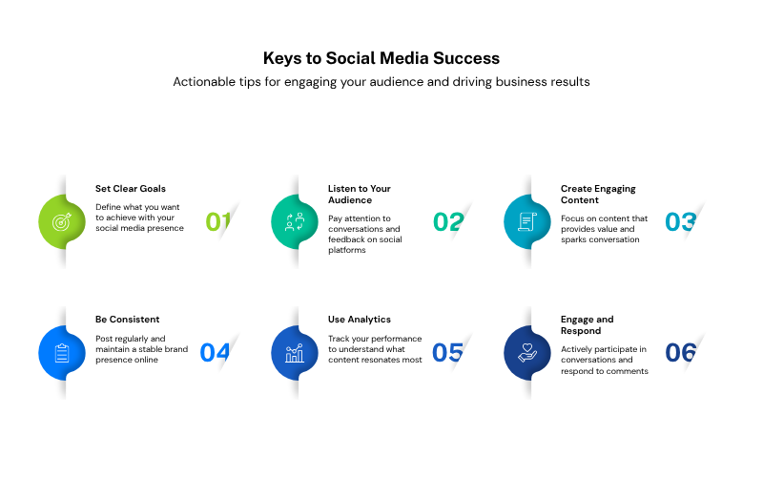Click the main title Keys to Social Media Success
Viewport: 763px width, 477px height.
point(381,58)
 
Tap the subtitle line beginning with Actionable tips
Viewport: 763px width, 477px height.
point(381,82)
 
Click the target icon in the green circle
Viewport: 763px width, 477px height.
point(62,222)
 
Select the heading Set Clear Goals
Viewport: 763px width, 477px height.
point(131,189)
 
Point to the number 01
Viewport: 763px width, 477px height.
point(218,222)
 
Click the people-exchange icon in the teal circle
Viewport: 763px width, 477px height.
point(295,222)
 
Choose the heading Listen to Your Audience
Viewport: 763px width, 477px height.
point(360,195)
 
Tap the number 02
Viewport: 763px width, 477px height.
point(448,222)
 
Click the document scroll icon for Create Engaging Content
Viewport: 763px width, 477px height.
point(527,222)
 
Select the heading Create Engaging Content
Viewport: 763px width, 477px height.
point(598,195)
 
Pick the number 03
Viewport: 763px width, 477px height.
point(681,222)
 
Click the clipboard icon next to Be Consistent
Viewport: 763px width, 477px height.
point(62,353)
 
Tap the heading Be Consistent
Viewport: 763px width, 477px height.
point(128,320)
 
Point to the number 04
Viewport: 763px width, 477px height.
point(215,353)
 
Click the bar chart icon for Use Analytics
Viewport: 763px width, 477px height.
point(295,353)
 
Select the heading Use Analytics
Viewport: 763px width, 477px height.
point(360,320)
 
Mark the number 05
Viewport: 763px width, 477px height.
point(447,353)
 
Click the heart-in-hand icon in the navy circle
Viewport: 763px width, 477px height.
point(527,353)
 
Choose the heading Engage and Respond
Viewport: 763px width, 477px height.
point(587,325)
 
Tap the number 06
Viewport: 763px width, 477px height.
point(681,353)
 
